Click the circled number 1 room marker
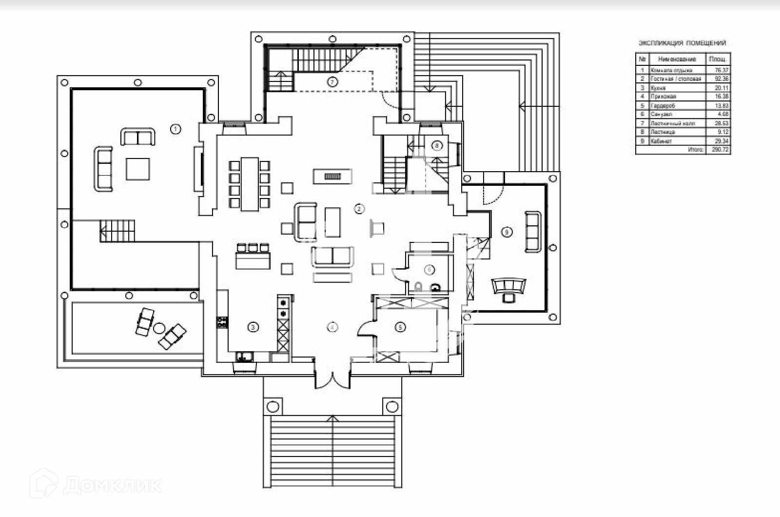(x=175, y=129)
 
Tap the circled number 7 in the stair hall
(x=332, y=82)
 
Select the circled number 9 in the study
(x=507, y=232)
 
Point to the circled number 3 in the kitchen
(x=253, y=327)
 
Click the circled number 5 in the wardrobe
(x=400, y=327)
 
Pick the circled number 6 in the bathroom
(x=429, y=269)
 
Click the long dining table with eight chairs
(x=250, y=183)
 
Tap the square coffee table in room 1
(x=138, y=169)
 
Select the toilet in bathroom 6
(x=418, y=286)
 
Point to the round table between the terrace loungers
(x=159, y=328)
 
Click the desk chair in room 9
(x=508, y=297)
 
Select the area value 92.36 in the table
(x=721, y=79)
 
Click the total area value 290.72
(x=720, y=150)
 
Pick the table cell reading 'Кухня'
(x=658, y=88)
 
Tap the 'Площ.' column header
(x=718, y=59)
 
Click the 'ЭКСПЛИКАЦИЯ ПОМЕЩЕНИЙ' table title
(x=682, y=43)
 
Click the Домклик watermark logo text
(x=112, y=485)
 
